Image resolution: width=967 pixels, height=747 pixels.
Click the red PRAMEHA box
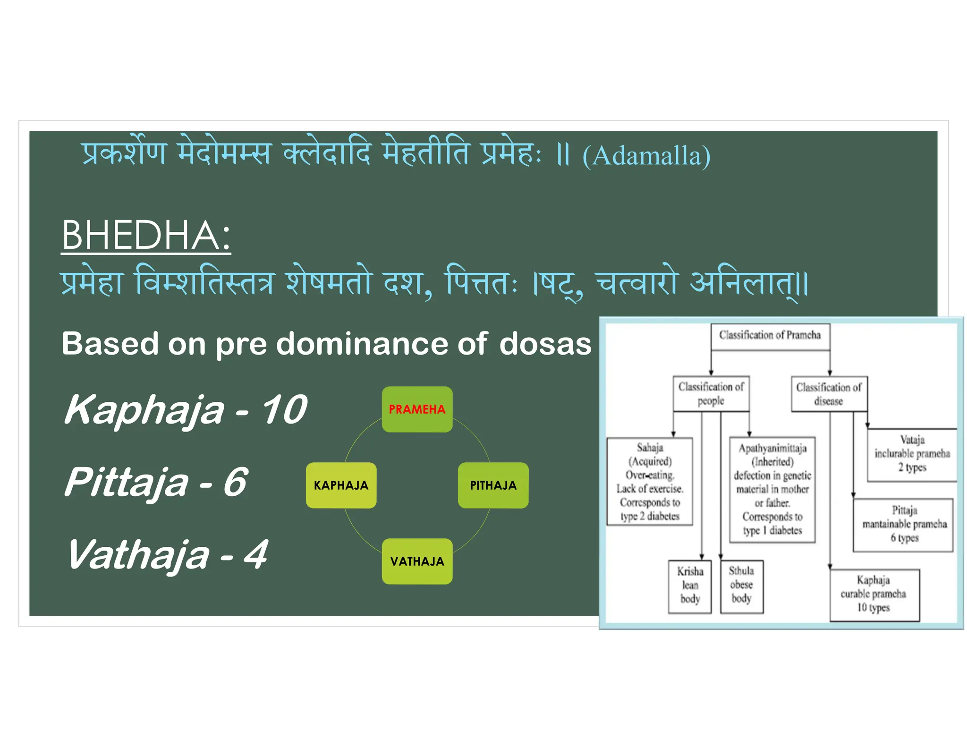tap(417, 409)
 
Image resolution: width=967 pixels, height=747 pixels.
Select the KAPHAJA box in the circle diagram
tap(341, 485)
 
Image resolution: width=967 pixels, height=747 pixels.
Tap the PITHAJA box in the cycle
tap(493, 485)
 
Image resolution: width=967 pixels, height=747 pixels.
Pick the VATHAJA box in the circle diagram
tap(417, 561)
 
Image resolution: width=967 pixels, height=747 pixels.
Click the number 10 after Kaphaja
tap(284, 409)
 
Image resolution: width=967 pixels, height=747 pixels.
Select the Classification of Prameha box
tap(770, 336)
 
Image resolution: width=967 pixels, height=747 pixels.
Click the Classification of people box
tap(711, 393)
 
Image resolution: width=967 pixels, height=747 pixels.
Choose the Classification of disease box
tap(829, 394)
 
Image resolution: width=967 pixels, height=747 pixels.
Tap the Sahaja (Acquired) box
tap(650, 481)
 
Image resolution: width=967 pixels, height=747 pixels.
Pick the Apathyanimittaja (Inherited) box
tap(772, 489)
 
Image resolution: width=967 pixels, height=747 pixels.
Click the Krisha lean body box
tap(690, 586)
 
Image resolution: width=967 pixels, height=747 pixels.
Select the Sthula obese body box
tap(741, 586)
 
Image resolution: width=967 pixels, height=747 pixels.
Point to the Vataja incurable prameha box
tap(912, 454)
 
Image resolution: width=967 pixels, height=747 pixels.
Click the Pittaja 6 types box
tap(904, 524)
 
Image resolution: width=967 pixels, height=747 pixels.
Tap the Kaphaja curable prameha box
tap(874, 594)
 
